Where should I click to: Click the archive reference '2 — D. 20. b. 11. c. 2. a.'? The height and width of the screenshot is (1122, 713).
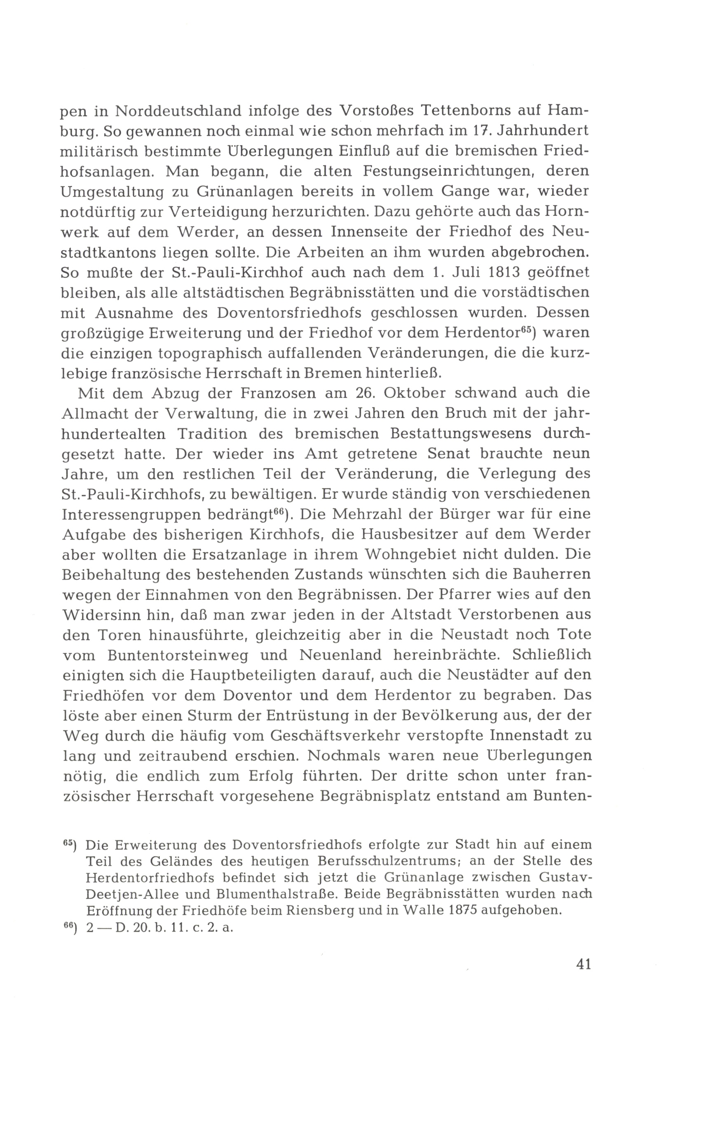(159, 927)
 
